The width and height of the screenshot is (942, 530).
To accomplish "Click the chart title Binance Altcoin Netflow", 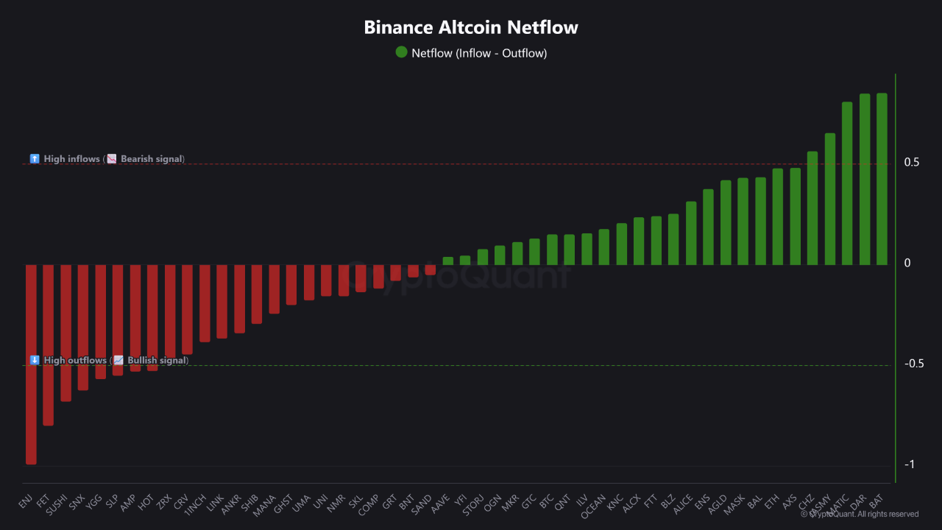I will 471,28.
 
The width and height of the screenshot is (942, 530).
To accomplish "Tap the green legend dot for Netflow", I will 401,52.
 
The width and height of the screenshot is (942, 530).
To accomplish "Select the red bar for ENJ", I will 31,364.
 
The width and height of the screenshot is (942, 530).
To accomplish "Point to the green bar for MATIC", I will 847,183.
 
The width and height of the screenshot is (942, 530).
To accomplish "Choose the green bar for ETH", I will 777,216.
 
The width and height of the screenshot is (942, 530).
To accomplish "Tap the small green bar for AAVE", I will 447,261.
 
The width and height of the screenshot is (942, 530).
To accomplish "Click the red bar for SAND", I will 431,270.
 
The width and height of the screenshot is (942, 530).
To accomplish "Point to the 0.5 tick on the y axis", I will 912,163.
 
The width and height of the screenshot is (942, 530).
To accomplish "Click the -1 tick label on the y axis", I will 910,464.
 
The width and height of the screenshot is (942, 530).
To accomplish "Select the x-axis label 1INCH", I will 195,505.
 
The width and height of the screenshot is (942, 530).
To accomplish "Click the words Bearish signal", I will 152,159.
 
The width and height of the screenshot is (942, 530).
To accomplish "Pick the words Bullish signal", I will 157,361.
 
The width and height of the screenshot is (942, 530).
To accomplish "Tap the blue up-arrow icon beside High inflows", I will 35,159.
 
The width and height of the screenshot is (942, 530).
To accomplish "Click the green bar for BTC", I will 552,250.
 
